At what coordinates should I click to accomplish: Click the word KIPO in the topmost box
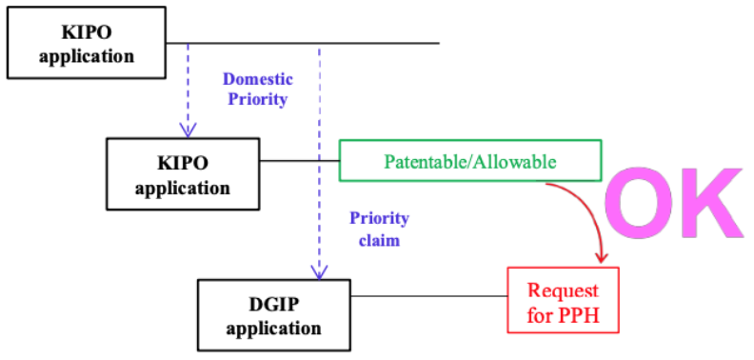pos(87,32)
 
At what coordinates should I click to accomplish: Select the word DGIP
pos(273,305)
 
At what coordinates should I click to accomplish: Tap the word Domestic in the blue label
pos(257,78)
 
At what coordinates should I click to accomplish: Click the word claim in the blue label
pos(380,240)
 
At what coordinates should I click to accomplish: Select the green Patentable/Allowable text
pos(469,162)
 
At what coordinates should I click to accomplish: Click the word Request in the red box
pos(563,290)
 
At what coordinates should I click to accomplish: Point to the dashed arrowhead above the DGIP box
pos(319,272)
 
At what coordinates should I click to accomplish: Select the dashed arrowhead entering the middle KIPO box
pos(188,130)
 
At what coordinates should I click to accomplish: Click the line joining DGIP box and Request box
pos(430,296)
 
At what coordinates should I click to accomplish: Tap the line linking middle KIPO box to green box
pos(300,160)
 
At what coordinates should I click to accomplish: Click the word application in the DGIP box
pos(273,330)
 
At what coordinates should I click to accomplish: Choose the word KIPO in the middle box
pos(183,164)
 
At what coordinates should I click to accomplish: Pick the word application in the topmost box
pos(87,56)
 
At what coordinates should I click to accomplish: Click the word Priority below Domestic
pos(257,99)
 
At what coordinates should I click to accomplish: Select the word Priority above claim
pos(380,218)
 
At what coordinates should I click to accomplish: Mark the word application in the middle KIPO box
pos(183,188)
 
